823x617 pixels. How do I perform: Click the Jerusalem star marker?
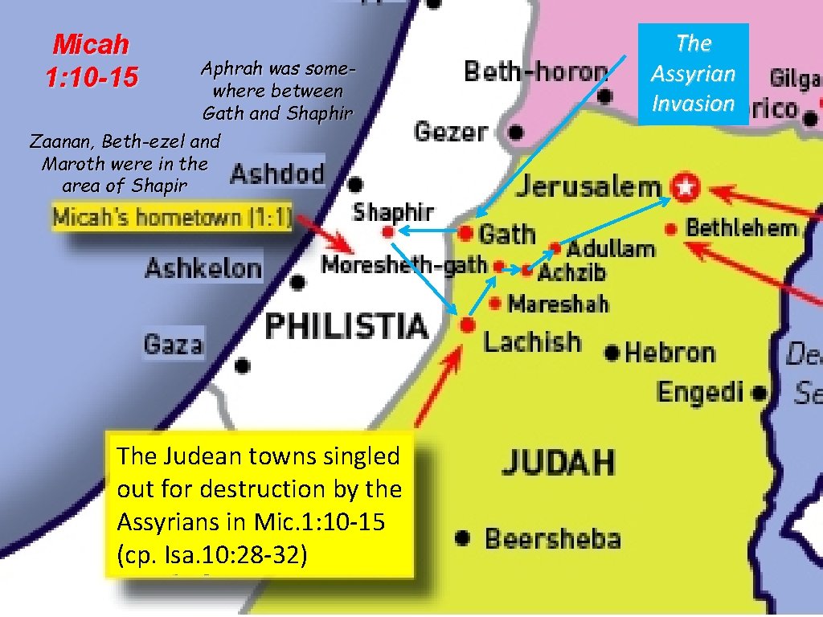click(x=685, y=187)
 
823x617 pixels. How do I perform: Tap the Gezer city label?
click(x=451, y=130)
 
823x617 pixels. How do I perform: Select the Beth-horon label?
click(x=535, y=72)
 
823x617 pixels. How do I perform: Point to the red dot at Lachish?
click(x=467, y=325)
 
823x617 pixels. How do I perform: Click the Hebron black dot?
click(x=612, y=352)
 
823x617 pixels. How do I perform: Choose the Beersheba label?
click(x=552, y=537)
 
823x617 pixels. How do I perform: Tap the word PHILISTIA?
click(x=346, y=326)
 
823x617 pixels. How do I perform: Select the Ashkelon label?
click(x=203, y=268)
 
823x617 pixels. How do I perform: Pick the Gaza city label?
click(x=173, y=345)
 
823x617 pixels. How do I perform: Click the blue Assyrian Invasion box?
click(x=693, y=73)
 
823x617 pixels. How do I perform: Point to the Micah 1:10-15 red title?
click(x=91, y=61)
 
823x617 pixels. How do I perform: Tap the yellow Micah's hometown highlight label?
click(x=172, y=218)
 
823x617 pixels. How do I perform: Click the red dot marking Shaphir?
click(x=387, y=231)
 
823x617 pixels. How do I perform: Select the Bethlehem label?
click(x=741, y=227)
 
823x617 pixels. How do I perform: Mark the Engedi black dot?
click(x=759, y=394)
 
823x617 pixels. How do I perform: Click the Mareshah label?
click(x=559, y=304)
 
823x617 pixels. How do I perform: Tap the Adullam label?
click(x=611, y=248)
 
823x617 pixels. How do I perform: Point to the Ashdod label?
click(x=277, y=174)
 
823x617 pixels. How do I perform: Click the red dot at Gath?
click(x=466, y=233)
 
